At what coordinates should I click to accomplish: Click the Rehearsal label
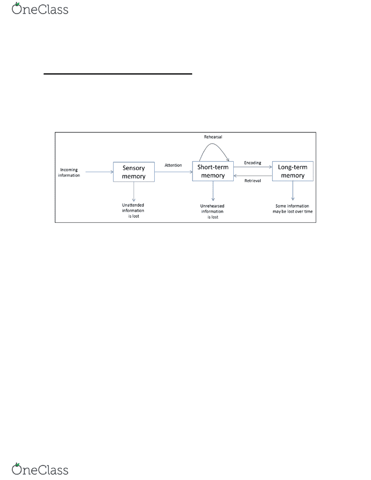coord(213,137)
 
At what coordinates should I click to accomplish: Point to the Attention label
coord(173,166)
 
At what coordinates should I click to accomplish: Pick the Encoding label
coord(253,163)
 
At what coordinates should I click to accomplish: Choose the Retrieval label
coord(253,181)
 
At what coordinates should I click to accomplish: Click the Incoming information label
coord(69,172)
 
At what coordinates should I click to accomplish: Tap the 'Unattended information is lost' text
coord(133,210)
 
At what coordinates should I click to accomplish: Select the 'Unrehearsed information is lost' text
coord(212,211)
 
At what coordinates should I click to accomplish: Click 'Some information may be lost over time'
coord(292,209)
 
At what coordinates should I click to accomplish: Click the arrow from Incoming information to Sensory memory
coord(99,172)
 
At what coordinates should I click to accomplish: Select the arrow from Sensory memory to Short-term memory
coord(173,172)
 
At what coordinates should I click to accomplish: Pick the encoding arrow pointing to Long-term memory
coord(253,167)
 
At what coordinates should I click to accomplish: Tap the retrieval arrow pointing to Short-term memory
coord(253,176)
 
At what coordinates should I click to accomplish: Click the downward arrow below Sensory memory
coord(134,192)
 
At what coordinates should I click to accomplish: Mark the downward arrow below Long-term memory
coord(293,191)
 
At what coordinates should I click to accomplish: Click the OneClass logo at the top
coord(40,9)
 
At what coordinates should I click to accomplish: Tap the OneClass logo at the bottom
coord(40,469)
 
